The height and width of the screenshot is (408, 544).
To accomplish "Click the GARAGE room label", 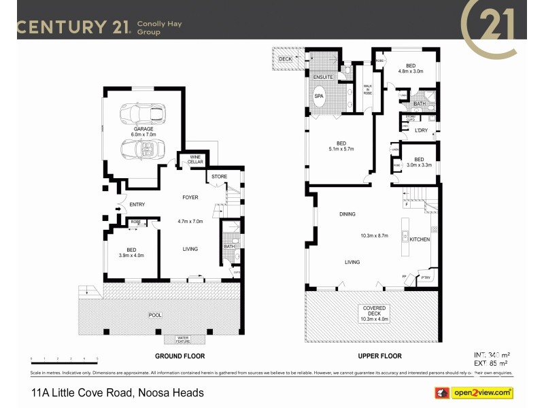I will click(143, 129).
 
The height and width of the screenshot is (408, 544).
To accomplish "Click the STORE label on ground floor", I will click(219, 177).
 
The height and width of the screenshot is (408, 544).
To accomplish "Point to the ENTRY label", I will click(137, 204).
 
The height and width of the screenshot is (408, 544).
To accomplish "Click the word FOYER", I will click(190, 198).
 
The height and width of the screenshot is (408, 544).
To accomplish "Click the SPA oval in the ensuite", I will click(319, 97).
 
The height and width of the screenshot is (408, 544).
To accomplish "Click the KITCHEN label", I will click(419, 239).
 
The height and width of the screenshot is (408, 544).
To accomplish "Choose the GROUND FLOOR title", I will click(180, 356).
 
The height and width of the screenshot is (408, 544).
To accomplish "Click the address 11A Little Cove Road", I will click(117, 393).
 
